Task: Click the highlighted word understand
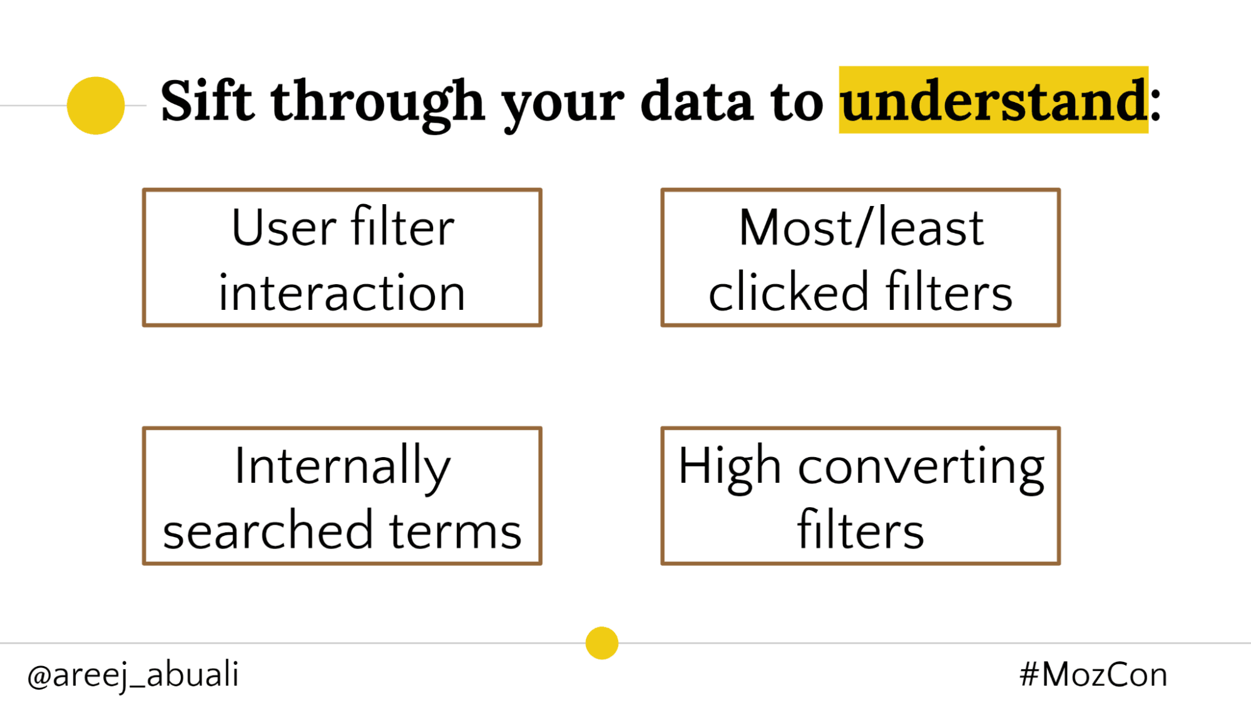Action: pos(993,101)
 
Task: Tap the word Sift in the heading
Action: pos(207,100)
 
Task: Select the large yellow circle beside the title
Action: pos(96,106)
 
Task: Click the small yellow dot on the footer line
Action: pos(602,643)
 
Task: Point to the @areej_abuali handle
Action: pos(133,675)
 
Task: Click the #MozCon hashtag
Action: pos(1093,675)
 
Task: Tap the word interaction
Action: pos(342,293)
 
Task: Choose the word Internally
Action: pos(342,466)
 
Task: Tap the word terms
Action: pos(455,532)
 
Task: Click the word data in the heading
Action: pos(697,101)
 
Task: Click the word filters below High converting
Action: pos(860,532)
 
